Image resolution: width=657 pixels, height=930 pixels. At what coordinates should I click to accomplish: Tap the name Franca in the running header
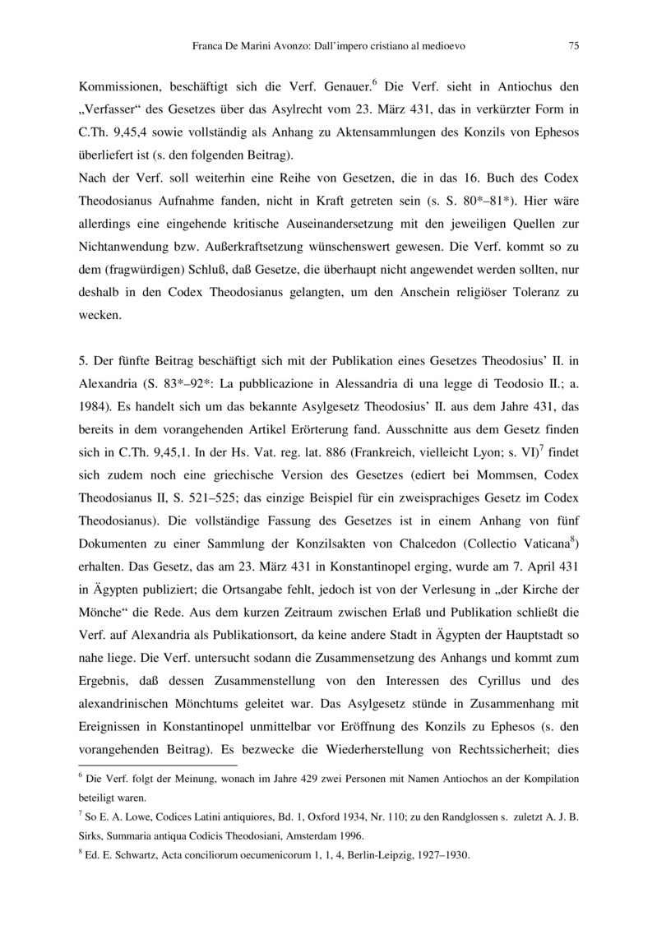[208, 47]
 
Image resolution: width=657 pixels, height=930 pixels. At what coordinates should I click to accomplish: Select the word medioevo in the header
[443, 47]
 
